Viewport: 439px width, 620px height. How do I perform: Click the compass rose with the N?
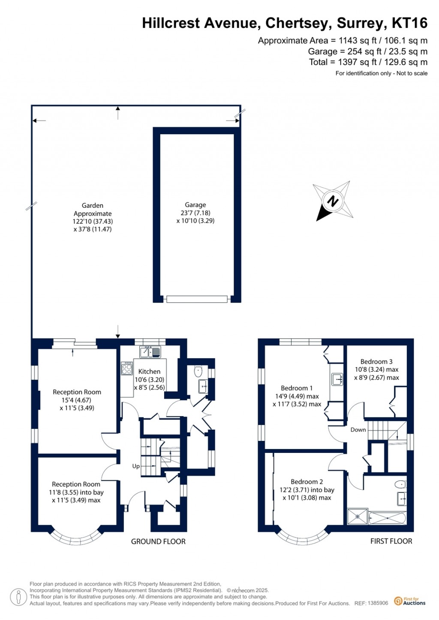pyautogui.click(x=333, y=201)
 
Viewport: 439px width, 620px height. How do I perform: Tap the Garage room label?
pyautogui.click(x=195, y=205)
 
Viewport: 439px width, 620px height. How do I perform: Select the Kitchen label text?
pyautogui.click(x=149, y=371)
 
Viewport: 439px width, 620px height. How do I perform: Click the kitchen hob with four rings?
pyautogui.click(x=127, y=368)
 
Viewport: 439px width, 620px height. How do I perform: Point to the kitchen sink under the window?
pyautogui.click(x=150, y=352)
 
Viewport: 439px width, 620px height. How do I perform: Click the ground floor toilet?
pyautogui.click(x=198, y=371)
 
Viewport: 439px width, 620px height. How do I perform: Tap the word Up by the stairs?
pyautogui.click(x=136, y=466)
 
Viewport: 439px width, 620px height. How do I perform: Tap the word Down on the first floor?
pyautogui.click(x=358, y=430)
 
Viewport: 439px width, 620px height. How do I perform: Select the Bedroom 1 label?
pyautogui.click(x=297, y=388)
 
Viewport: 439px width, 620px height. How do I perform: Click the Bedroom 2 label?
pyautogui.click(x=307, y=482)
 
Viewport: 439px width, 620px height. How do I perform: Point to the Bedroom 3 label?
pyautogui.click(x=376, y=362)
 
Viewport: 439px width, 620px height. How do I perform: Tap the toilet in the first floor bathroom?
pyautogui.click(x=400, y=485)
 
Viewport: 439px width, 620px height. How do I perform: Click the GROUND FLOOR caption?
pyautogui.click(x=158, y=542)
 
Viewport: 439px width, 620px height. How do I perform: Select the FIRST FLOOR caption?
pyautogui.click(x=391, y=541)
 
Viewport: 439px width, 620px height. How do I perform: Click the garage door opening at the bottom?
pyautogui.click(x=197, y=299)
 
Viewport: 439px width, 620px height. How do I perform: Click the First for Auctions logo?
pyautogui.click(x=410, y=601)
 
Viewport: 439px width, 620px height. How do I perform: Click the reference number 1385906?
pyautogui.click(x=378, y=603)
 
